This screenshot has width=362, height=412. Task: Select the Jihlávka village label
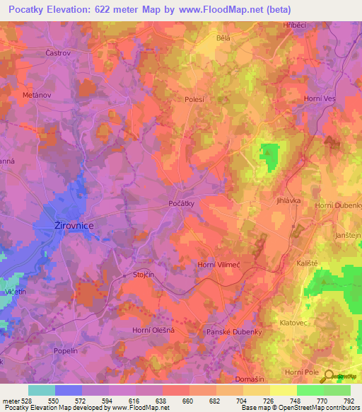[289, 201]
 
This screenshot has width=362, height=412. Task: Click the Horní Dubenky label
[335, 205]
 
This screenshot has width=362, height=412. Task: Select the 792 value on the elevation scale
[347, 400]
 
